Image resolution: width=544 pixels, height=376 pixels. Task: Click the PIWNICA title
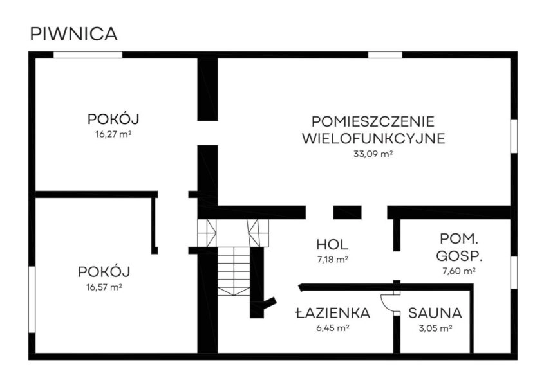pyautogui.click(x=73, y=35)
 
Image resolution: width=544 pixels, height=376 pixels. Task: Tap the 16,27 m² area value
pyautogui.click(x=113, y=134)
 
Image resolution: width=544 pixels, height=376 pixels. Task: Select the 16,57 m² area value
pyautogui.click(x=105, y=287)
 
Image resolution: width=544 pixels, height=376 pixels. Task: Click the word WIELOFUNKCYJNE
pyautogui.click(x=373, y=138)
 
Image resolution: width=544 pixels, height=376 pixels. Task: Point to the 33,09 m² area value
pyautogui.click(x=373, y=154)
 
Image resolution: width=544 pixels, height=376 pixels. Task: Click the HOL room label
pyautogui.click(x=332, y=244)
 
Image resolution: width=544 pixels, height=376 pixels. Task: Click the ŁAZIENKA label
pyautogui.click(x=332, y=314)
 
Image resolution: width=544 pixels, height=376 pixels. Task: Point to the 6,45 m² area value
pyautogui.click(x=332, y=328)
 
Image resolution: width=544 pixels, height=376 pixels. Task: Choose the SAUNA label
pyautogui.click(x=435, y=314)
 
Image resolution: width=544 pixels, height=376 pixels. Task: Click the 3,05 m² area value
pyautogui.click(x=435, y=328)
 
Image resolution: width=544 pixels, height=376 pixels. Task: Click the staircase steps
pyautogui.click(x=233, y=270)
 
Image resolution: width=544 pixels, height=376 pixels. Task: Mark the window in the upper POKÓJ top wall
pyautogui.click(x=88, y=55)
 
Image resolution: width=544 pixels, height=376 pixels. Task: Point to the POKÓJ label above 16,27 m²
pyautogui.click(x=113, y=120)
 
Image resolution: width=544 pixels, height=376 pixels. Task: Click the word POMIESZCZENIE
pyautogui.click(x=373, y=121)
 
